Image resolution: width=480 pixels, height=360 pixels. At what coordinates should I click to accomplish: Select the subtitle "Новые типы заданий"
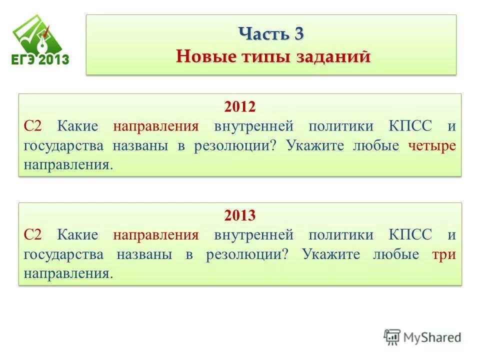273,56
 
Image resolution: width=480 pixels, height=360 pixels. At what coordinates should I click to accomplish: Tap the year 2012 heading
239,106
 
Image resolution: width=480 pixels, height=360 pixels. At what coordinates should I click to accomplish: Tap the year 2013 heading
239,215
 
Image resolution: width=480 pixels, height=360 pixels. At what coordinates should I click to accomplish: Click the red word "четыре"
432,145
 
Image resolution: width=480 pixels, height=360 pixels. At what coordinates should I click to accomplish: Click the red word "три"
444,254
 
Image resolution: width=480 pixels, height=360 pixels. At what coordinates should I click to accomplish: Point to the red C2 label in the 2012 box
34,126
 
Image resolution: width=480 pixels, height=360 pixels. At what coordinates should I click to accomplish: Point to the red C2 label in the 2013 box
34,235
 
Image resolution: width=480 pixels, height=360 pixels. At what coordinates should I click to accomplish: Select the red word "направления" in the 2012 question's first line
156,126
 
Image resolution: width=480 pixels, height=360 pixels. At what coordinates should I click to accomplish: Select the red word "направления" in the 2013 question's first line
156,235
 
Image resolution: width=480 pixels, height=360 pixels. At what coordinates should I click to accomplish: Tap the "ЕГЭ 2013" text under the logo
40,60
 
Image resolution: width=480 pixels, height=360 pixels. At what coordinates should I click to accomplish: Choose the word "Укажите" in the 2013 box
330,254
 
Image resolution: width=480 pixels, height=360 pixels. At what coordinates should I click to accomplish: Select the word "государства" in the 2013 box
63,254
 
